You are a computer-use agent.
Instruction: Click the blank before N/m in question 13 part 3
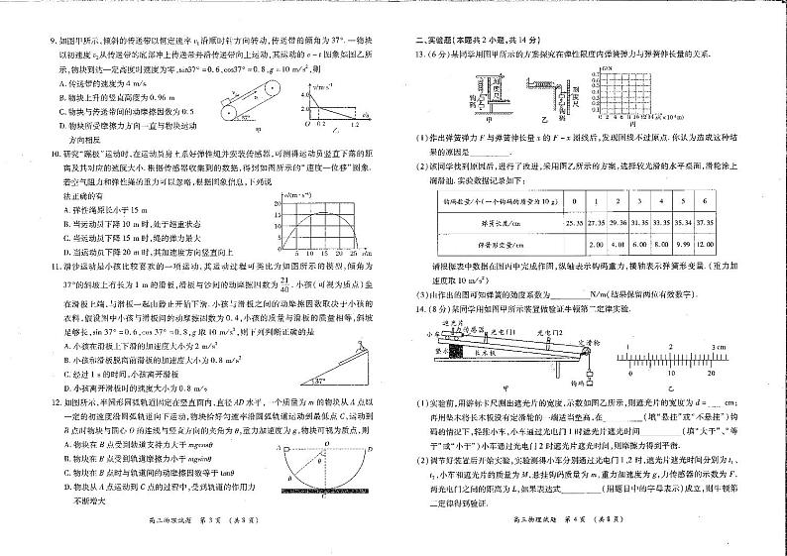562,294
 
